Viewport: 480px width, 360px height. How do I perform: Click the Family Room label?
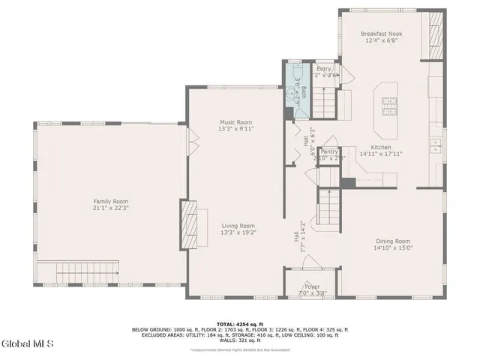110,201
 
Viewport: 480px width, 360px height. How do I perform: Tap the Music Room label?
235,122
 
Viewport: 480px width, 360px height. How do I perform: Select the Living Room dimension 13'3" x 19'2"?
238,233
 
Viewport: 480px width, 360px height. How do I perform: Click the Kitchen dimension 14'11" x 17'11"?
381,154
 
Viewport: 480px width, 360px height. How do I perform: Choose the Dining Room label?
393,241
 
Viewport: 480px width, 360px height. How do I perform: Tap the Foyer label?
311,286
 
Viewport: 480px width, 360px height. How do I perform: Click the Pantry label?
329,151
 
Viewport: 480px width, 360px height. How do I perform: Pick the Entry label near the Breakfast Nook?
324,69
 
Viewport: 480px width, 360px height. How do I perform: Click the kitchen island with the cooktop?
389,100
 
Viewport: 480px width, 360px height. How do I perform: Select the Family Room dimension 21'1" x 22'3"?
110,208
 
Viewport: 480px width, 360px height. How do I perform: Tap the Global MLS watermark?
28,344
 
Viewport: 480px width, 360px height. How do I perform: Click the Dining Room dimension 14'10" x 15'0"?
394,248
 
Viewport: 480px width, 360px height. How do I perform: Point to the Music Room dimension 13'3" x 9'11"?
235,129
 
